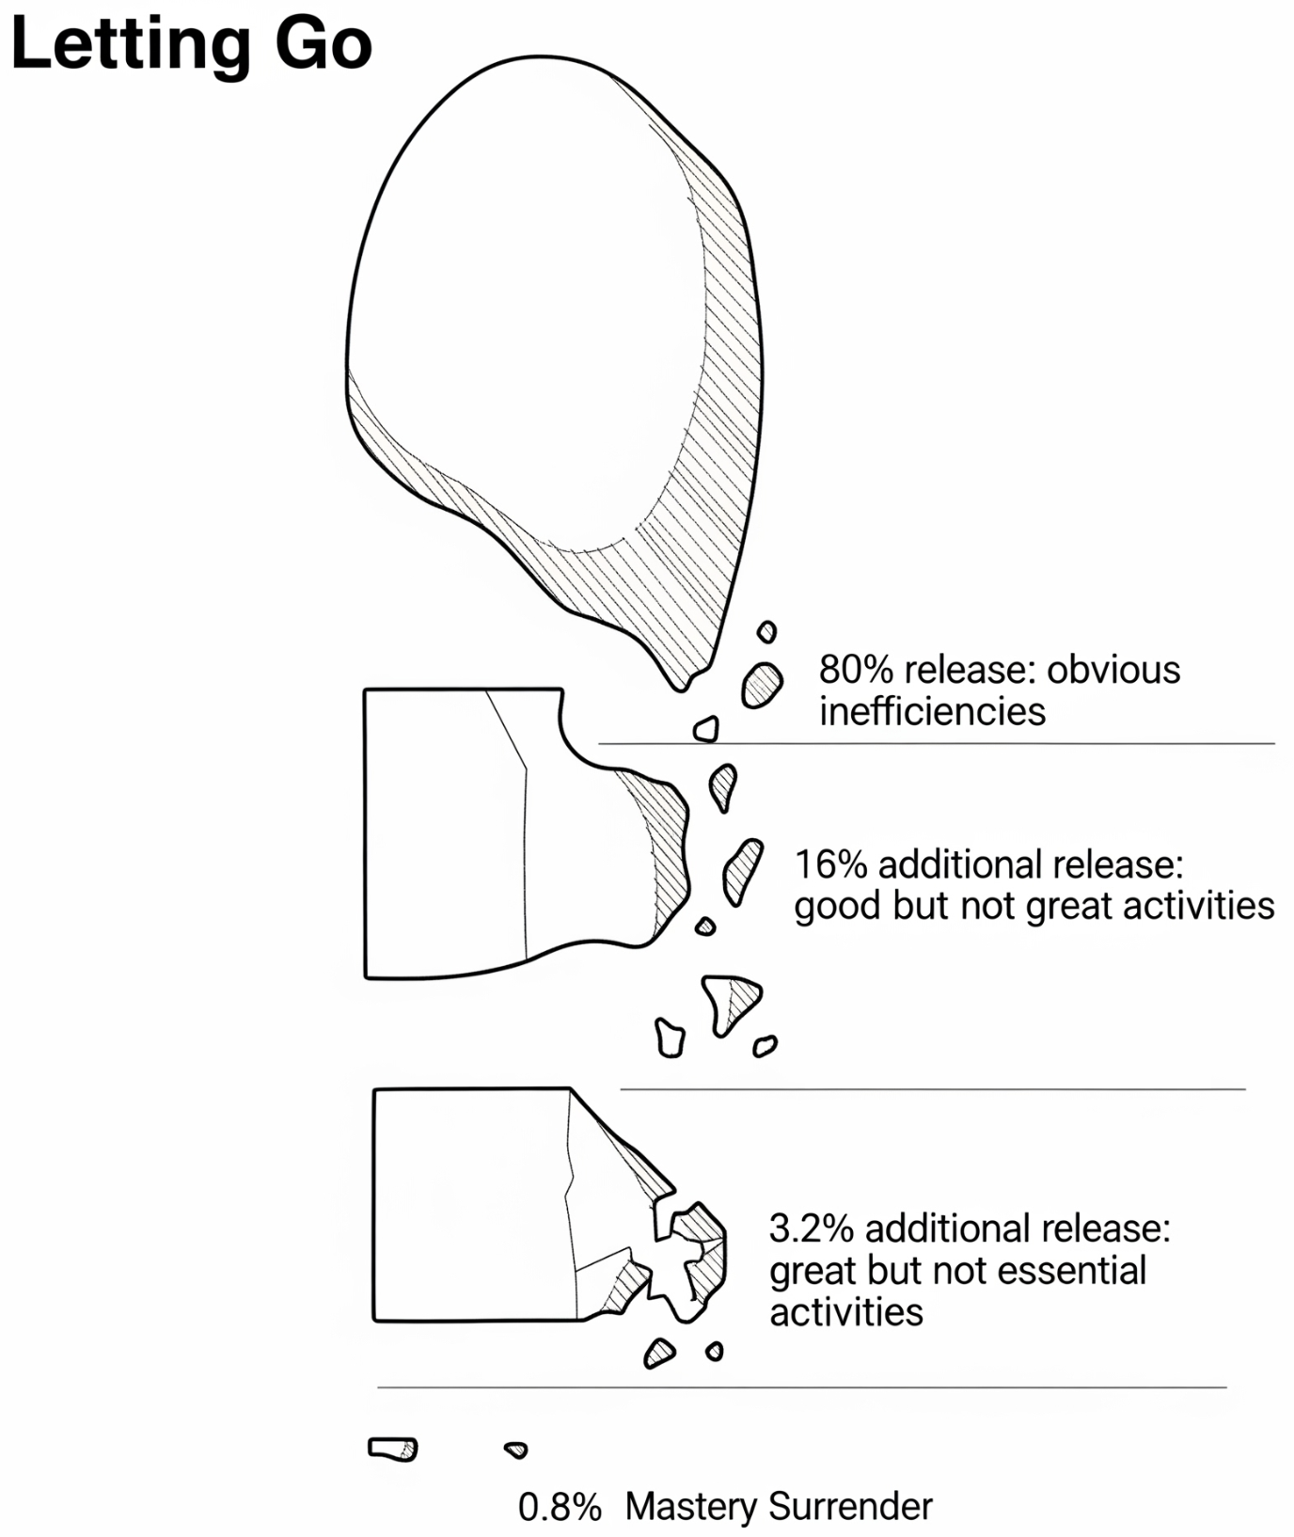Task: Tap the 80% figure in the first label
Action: (855, 670)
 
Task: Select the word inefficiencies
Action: (932, 711)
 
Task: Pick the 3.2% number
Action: (811, 1228)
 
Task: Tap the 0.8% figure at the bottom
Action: (560, 1507)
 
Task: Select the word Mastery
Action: (690, 1507)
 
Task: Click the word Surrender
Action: (850, 1507)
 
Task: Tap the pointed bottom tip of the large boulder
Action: (682, 685)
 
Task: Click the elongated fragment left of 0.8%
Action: (392, 1449)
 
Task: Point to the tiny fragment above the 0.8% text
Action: (515, 1450)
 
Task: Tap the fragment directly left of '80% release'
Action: (762, 685)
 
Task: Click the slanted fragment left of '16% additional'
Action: (742, 870)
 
